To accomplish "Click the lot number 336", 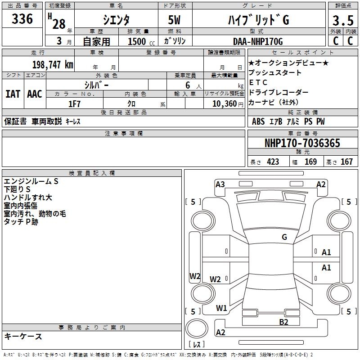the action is [x=22, y=19].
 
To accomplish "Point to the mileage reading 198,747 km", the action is [x=53, y=65].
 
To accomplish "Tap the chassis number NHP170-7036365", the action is [x=302, y=144].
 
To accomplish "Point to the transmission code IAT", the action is [x=13, y=94].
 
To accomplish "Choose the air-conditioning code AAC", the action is [x=35, y=94].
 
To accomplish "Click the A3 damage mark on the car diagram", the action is [x=220, y=184].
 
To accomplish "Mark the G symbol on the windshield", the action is [x=284, y=237].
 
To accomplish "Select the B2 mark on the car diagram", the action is [x=283, y=322].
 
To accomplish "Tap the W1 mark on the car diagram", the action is [x=221, y=308].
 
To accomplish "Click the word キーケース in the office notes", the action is [x=23, y=337].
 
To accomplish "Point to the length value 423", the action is [x=273, y=162].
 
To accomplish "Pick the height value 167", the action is [x=346, y=162].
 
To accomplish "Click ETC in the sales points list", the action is [x=258, y=82].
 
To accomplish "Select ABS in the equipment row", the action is [x=258, y=121].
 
